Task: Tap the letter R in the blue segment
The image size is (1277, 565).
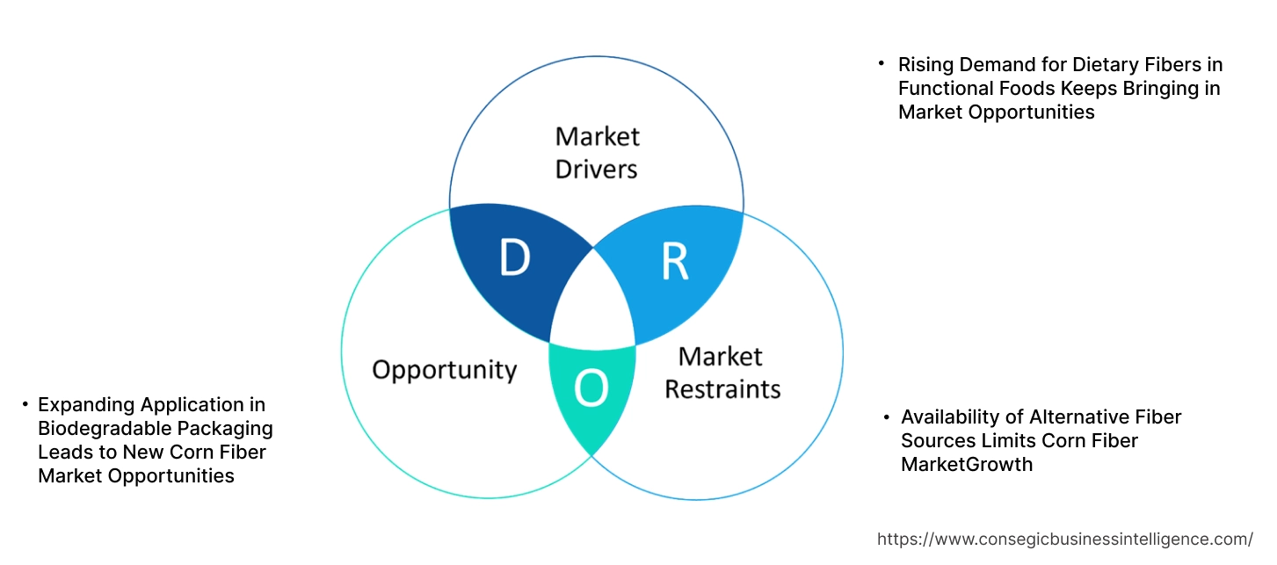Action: click(x=674, y=262)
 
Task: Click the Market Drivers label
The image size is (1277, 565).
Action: click(x=597, y=152)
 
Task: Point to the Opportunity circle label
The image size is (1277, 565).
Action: click(x=444, y=370)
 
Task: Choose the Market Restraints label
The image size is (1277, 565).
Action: click(x=722, y=373)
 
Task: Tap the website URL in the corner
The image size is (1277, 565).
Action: click(x=1065, y=539)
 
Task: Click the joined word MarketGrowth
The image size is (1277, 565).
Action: click(x=967, y=465)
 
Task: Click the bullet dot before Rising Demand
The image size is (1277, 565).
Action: click(x=881, y=63)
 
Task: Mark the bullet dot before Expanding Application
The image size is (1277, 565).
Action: click(x=25, y=404)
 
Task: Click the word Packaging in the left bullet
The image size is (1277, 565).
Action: click(x=229, y=429)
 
